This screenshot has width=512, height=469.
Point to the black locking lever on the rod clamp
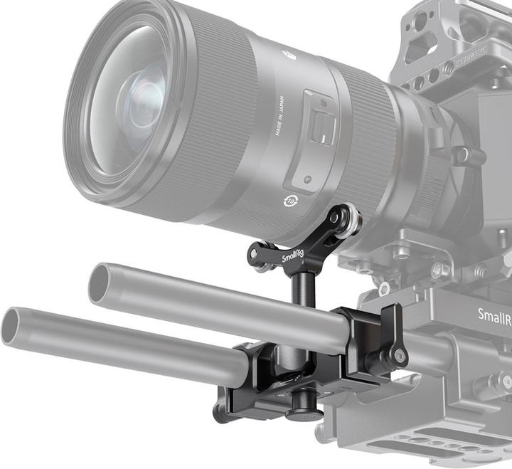pyautogui.click(x=393, y=334)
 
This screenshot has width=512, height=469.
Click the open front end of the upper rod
pyautogui.click(x=97, y=283)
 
